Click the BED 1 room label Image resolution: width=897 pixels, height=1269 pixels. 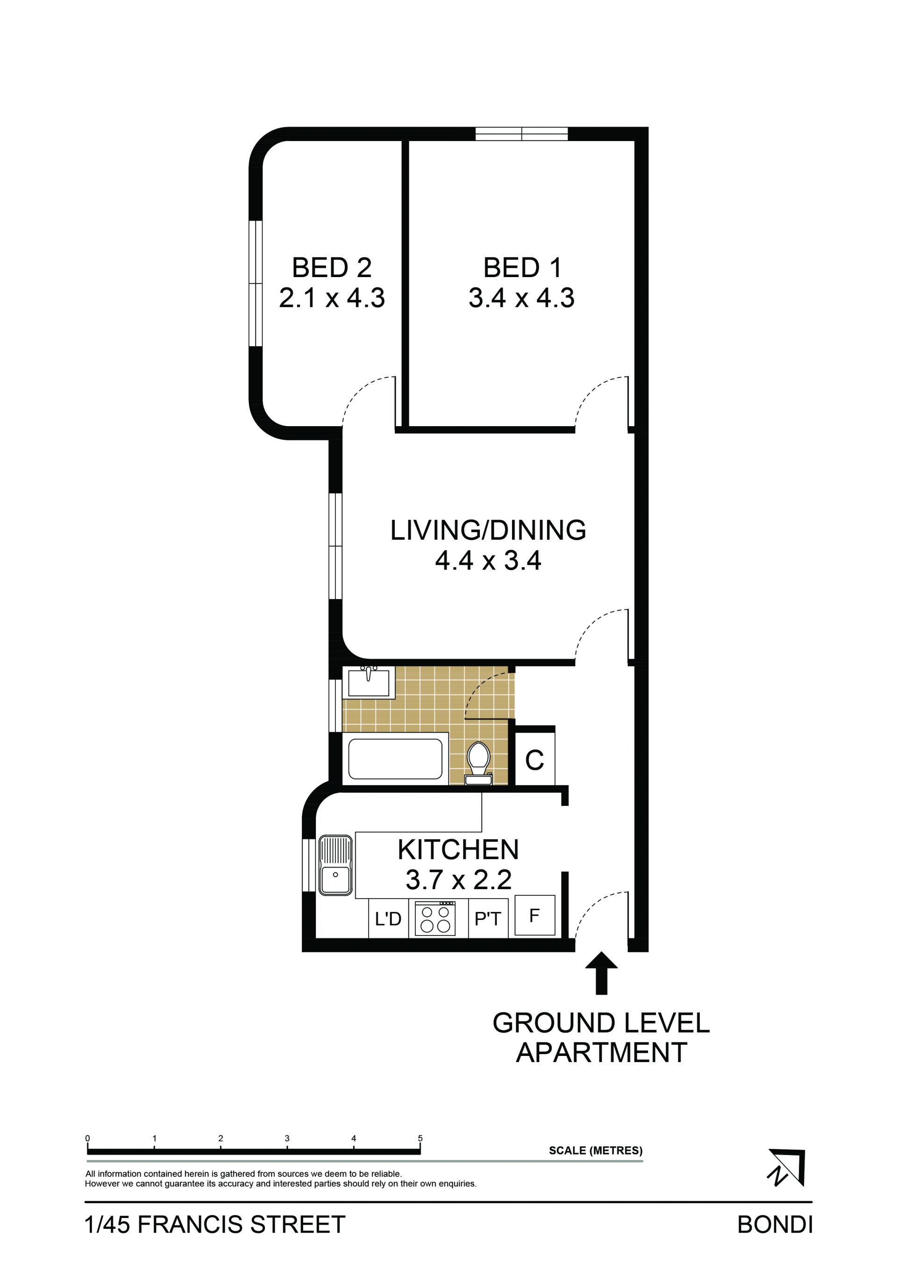[522, 268]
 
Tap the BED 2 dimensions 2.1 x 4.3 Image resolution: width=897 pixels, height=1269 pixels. [332, 298]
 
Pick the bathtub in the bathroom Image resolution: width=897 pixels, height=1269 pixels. [395, 759]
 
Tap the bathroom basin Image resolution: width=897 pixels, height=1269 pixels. [369, 683]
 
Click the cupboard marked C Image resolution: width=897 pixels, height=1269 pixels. [534, 761]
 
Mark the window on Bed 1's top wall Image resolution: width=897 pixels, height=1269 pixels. [522, 134]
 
